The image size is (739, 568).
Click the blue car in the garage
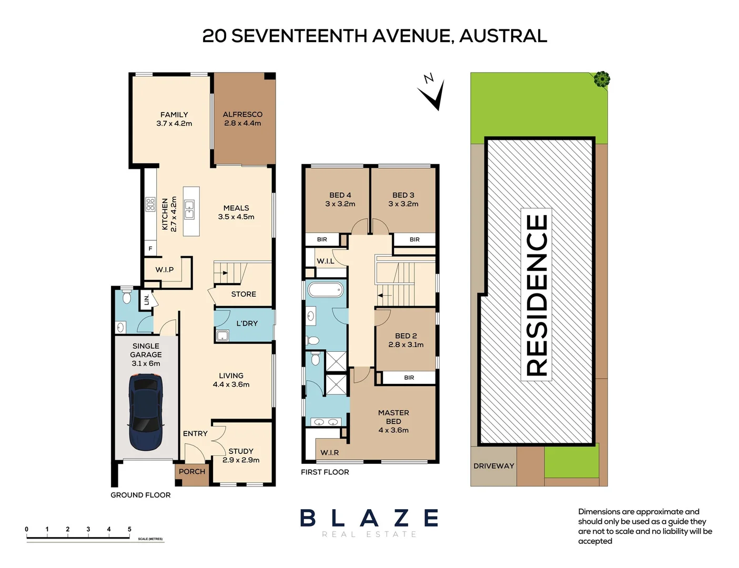click(x=146, y=411)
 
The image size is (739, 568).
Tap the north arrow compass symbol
click(x=432, y=92)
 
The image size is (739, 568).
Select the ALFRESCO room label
click(x=242, y=114)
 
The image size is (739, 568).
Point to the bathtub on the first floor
click(x=326, y=289)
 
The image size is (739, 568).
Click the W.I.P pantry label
click(x=164, y=269)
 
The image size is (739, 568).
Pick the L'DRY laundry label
click(x=247, y=323)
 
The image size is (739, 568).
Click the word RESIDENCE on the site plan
click(x=537, y=295)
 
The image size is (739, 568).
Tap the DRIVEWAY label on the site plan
click(x=493, y=466)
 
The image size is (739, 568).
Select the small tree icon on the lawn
click(x=602, y=79)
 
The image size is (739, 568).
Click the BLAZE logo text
click(x=369, y=518)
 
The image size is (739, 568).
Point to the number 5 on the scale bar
click(x=129, y=529)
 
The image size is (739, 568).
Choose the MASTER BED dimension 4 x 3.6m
click(x=393, y=430)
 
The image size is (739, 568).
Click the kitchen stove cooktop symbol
click(x=150, y=204)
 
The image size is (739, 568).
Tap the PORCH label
click(x=191, y=471)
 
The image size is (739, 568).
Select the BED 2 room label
click(x=406, y=336)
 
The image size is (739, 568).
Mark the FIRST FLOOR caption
click(x=325, y=472)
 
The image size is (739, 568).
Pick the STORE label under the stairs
click(x=244, y=294)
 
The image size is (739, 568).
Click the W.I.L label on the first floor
click(x=325, y=261)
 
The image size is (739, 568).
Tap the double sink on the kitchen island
click(x=189, y=209)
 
